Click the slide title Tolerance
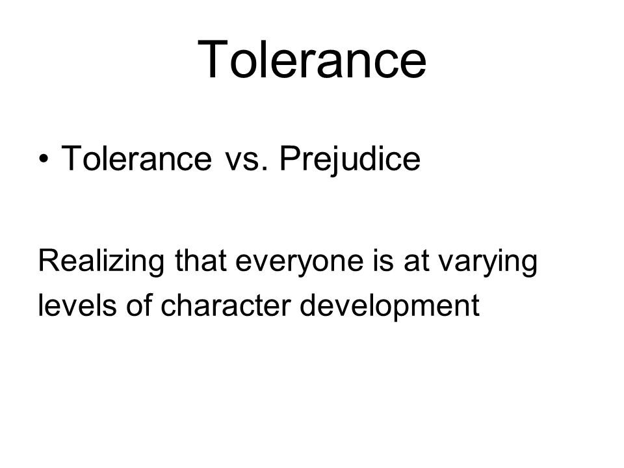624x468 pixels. (312, 60)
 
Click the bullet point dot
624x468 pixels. (44, 159)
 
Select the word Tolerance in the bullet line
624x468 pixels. (136, 159)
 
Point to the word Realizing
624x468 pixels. (101, 262)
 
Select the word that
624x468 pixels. (201, 261)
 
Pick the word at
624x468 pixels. (417, 262)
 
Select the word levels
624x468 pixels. (77, 305)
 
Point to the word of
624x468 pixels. (139, 305)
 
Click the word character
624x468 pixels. (226, 305)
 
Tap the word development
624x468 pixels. (389, 306)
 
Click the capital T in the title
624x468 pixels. (213, 59)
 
